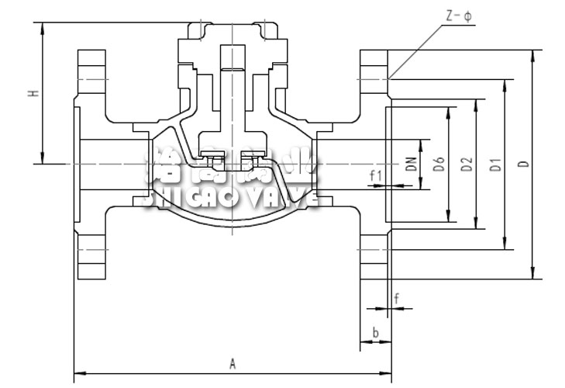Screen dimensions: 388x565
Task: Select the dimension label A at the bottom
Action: (232, 362)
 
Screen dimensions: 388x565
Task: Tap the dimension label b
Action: (375, 333)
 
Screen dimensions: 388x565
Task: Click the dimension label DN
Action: (412, 164)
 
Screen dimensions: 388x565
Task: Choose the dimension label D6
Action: (439, 164)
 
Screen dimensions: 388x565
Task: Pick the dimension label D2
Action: (466, 164)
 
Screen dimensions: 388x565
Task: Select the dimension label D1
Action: (495, 164)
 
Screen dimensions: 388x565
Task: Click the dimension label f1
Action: (376, 175)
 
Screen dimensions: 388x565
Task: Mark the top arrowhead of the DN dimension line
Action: (422, 143)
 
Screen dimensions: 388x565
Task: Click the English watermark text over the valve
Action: (232, 198)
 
